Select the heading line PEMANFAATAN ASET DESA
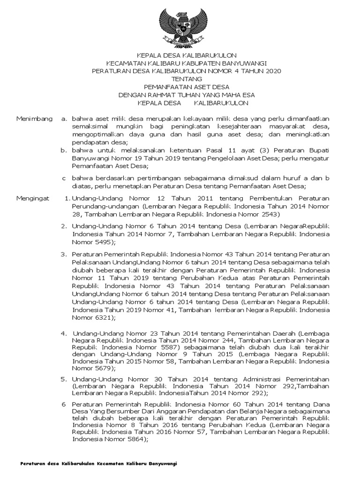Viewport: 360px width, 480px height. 183,87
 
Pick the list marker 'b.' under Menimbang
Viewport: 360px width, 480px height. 65,150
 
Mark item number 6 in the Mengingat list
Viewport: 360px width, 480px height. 65,404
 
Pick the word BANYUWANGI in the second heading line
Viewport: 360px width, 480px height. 242,63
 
